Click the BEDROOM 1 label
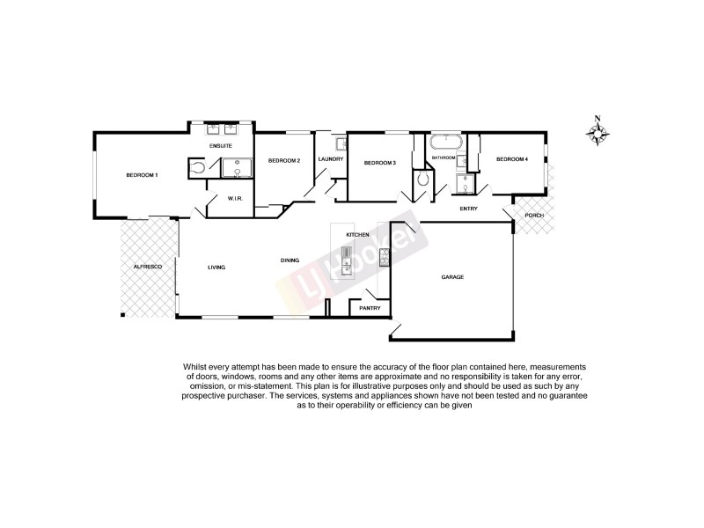pos(142,175)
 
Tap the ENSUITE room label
pos(220,144)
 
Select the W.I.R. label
pos(235,198)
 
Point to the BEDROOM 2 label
pos(284,160)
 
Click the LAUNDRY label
pos(331,159)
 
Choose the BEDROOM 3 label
pos(380,162)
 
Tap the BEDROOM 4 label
pos(512,159)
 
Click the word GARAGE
pos(452,277)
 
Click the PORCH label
pos(533,216)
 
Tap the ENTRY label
pos(468,209)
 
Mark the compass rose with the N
pos(598,133)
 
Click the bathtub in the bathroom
pos(447,142)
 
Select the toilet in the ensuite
pos(198,167)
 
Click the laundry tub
pos(340,143)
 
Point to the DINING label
pos(290,260)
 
